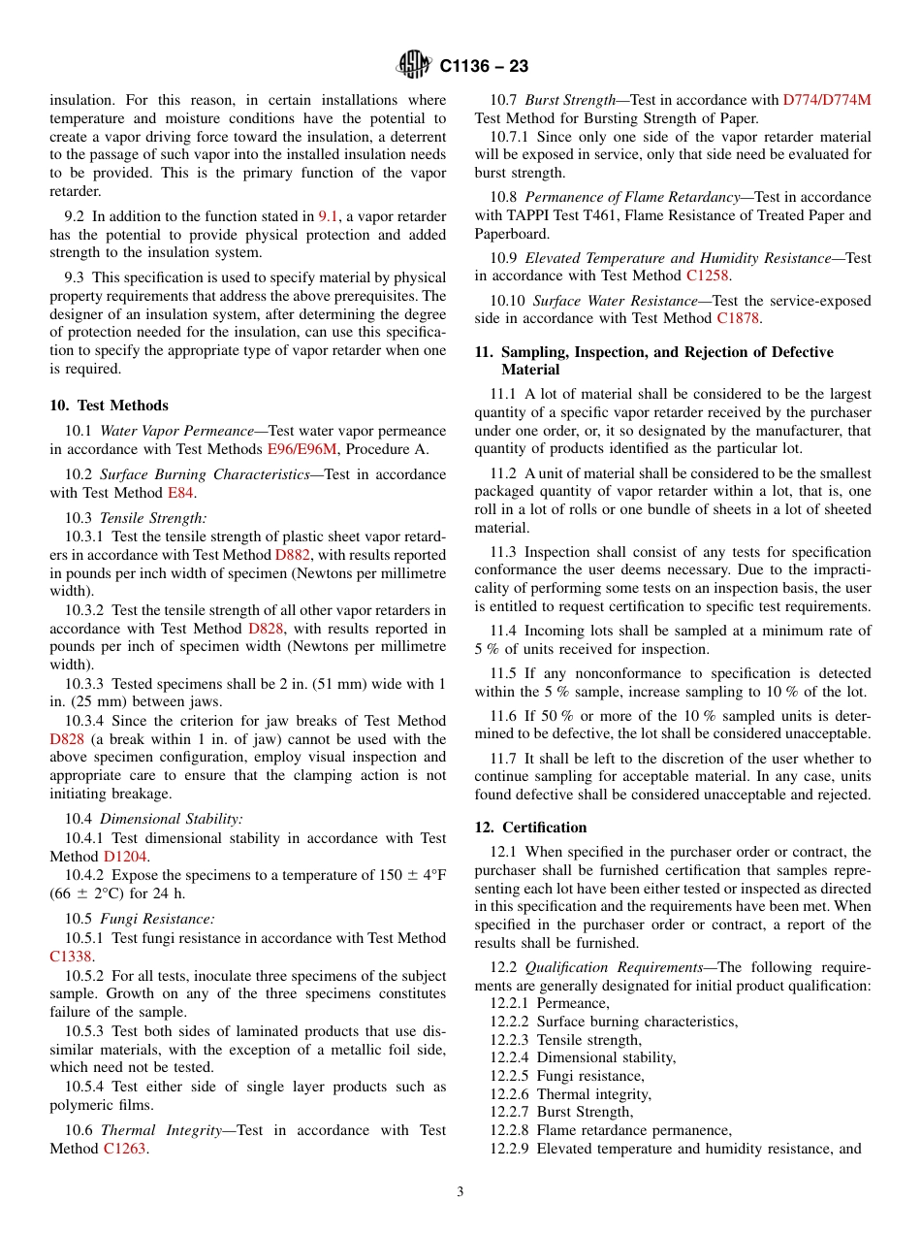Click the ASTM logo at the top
[414, 66]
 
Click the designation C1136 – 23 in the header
[483, 67]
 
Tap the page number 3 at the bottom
[460, 1191]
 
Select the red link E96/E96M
[302, 449]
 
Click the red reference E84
[180, 493]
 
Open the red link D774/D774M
[826, 100]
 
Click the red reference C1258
[707, 276]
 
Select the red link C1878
[739, 318]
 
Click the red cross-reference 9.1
[329, 216]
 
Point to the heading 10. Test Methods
[109, 406]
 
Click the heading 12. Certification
[530, 828]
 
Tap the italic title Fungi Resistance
[157, 919]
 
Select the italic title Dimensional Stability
[171, 819]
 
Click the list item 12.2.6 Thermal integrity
[570, 1094]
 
